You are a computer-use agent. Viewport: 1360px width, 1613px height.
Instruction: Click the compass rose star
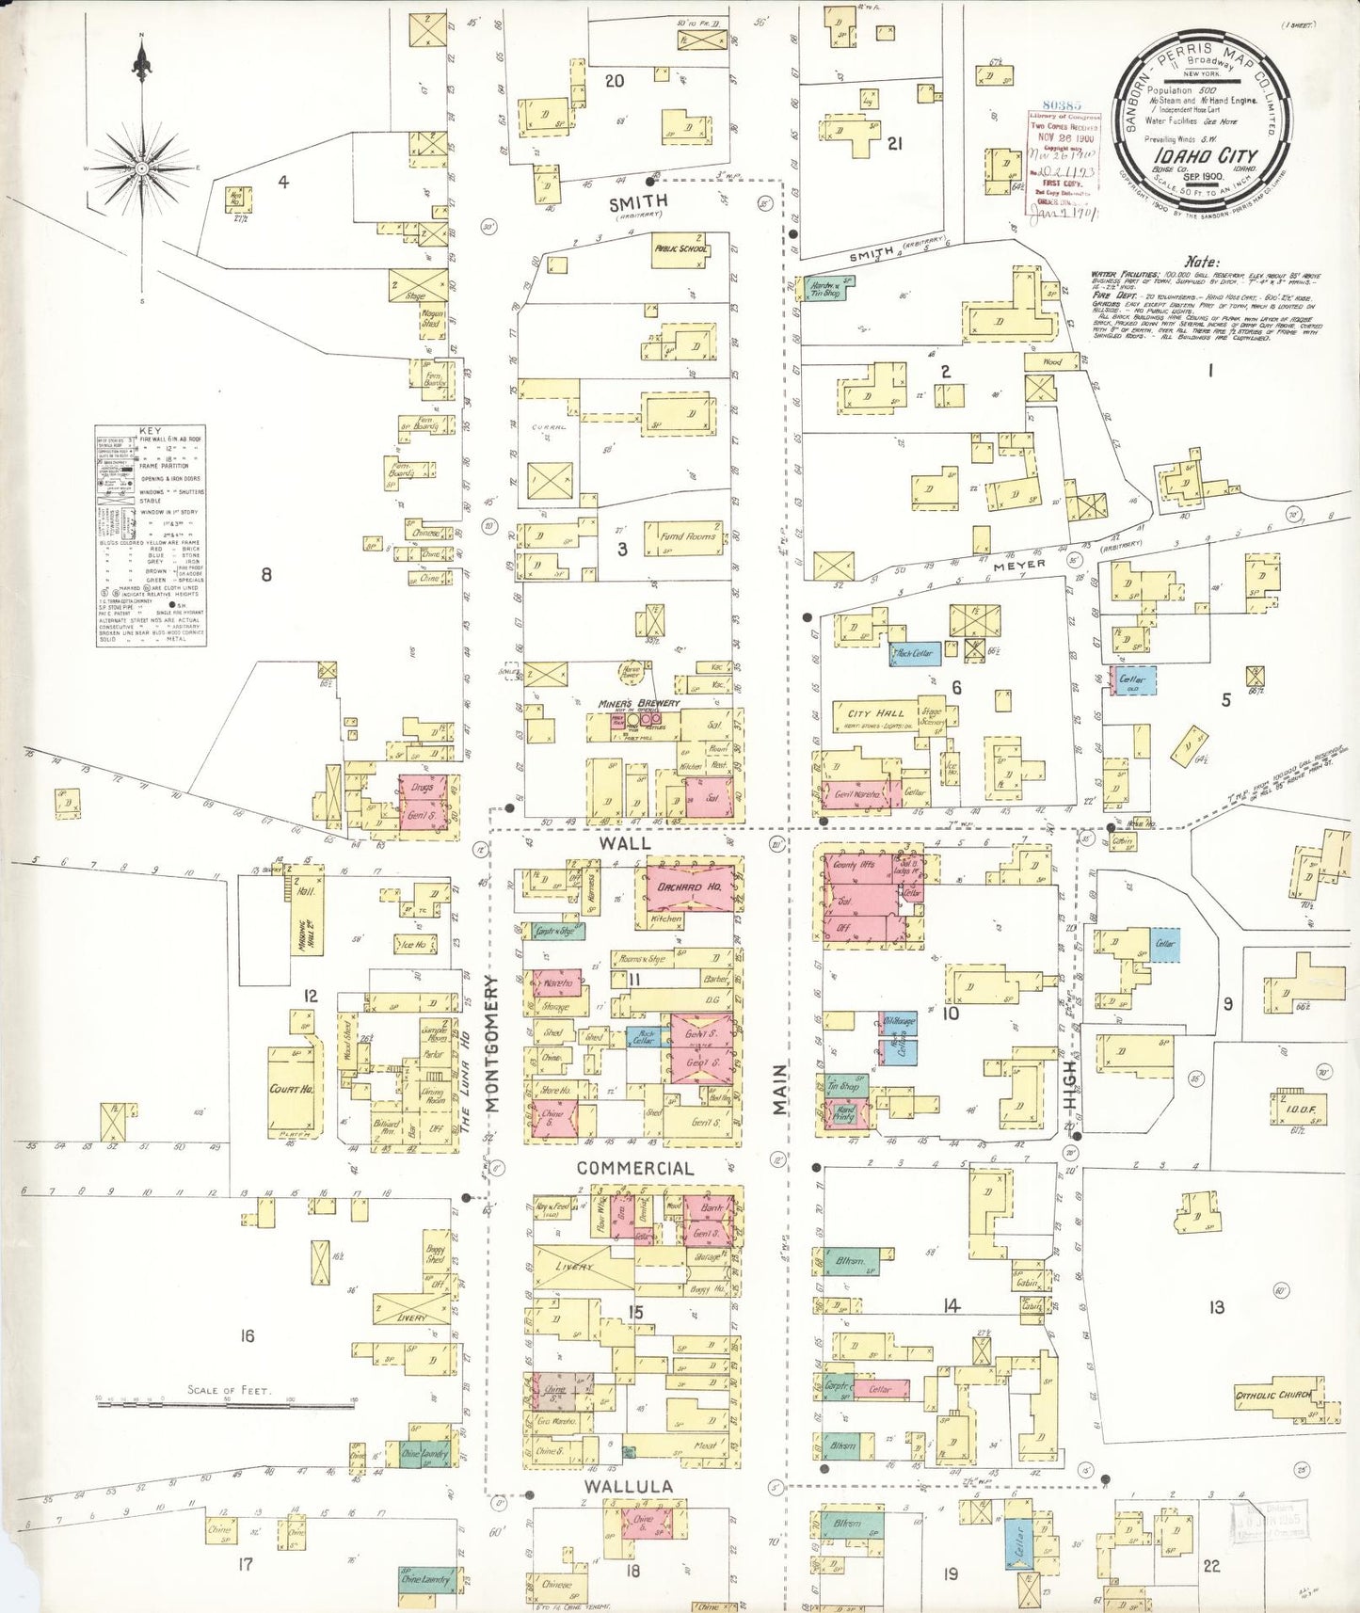141,168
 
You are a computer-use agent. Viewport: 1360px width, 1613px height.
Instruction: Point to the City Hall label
876,713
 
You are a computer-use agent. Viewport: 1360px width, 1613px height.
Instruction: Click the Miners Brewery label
638,704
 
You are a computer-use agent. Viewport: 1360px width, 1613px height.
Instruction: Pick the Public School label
681,249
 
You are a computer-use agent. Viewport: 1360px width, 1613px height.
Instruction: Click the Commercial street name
635,1168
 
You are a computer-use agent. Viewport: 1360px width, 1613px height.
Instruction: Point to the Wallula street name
628,1486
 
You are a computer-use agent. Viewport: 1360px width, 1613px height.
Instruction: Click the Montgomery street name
491,1044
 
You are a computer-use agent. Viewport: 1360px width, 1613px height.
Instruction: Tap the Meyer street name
1019,564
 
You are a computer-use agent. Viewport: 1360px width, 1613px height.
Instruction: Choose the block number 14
951,1305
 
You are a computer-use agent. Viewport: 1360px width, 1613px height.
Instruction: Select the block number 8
266,573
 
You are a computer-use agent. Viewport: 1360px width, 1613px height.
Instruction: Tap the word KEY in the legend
150,430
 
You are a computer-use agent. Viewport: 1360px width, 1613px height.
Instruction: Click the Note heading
1202,263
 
